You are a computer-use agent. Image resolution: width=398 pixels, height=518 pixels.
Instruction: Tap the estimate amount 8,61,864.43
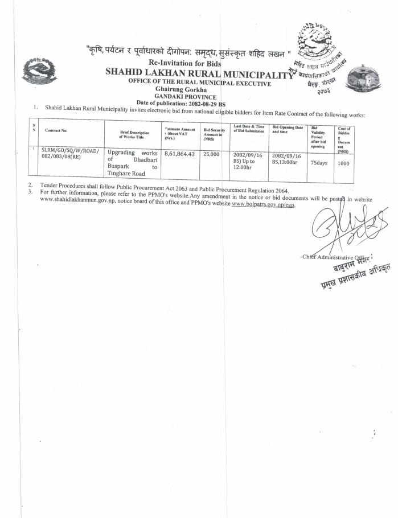point(179,154)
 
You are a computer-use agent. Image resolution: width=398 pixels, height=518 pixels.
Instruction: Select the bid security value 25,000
point(211,154)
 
